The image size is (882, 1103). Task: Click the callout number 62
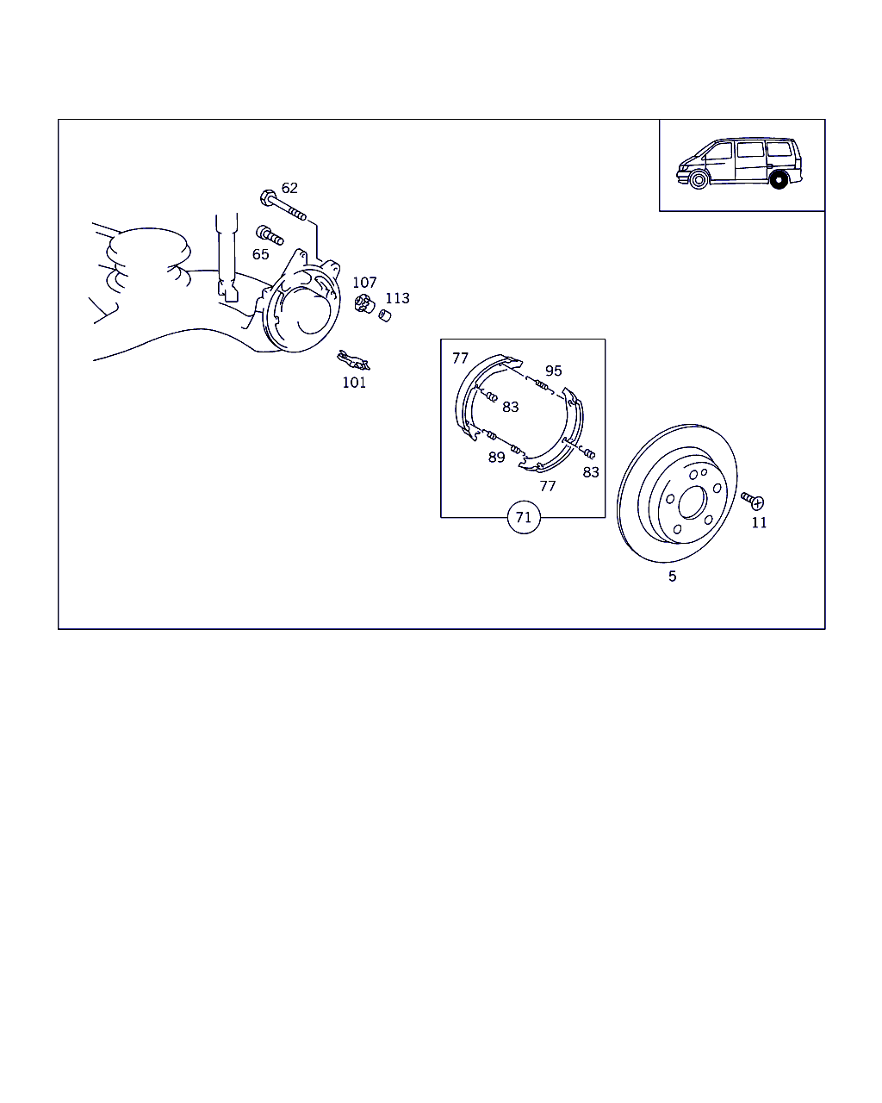coord(289,188)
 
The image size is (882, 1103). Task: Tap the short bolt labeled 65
coord(270,236)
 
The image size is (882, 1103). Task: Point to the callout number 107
coord(364,283)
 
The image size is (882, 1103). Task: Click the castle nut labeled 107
coord(364,304)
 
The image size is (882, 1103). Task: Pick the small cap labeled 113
coord(385,315)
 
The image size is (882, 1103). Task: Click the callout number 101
coord(354,383)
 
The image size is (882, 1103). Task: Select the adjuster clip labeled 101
coord(353,360)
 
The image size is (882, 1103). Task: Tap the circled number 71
coord(523,517)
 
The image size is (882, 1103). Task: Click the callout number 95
coord(554,371)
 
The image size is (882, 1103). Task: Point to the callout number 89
coord(497,458)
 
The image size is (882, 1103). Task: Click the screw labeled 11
coord(752,501)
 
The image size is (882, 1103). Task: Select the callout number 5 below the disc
coord(673,576)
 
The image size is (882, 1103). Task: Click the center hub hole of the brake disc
coord(693,502)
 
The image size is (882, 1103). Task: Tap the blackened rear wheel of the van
coord(779,180)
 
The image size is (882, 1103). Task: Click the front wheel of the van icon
coord(698,180)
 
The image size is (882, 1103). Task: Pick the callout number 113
coord(397,298)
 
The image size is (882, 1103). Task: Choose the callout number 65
coord(261,254)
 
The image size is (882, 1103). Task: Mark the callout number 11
coord(759,523)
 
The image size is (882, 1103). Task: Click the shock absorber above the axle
coord(227,256)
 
